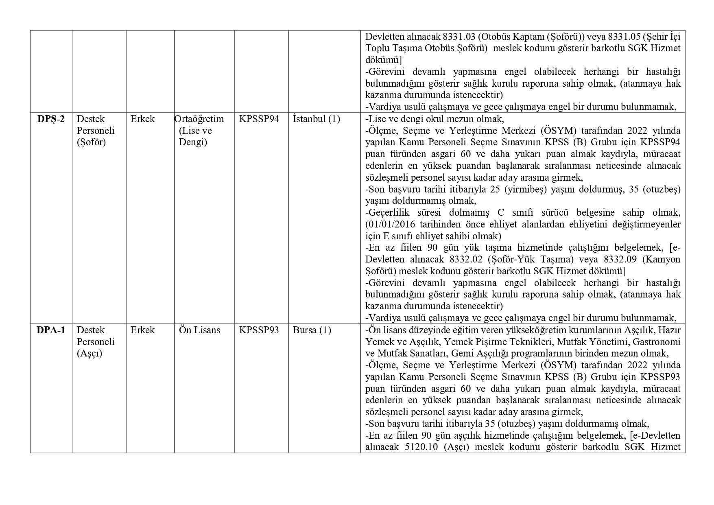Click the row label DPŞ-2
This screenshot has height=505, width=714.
51,119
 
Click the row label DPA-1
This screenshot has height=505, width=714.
51,330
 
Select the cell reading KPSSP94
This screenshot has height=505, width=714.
259,119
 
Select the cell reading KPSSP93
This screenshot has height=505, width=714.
259,330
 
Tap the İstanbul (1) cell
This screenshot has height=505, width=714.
316,119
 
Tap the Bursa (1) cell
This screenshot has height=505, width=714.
312,330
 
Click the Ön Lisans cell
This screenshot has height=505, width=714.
199,330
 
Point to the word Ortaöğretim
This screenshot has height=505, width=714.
199,119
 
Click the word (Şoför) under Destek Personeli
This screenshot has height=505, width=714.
91,142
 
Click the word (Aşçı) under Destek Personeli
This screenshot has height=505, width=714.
90,353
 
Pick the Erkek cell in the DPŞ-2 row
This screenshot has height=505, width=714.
142,119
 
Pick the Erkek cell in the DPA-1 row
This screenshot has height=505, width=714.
142,330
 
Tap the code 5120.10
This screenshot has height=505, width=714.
422,447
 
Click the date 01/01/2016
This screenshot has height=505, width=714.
390,224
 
